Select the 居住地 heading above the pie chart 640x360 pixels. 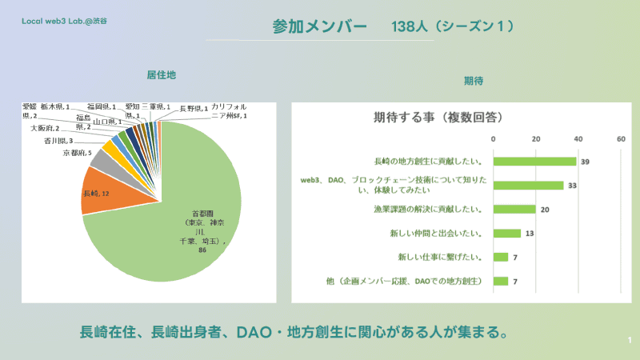pyautogui.click(x=161, y=74)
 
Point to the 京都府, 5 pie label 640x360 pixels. pyautogui.click(x=77, y=153)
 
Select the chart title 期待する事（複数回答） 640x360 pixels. pyautogui.click(x=438, y=118)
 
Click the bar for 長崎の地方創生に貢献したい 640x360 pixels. pyautogui.click(x=534, y=162)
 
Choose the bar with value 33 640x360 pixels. pyautogui.click(x=528, y=186)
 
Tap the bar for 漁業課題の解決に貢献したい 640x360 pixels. pyautogui.click(x=514, y=210)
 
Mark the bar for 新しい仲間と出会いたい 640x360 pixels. pyautogui.click(x=507, y=234)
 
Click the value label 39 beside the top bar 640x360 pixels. pyautogui.click(x=586, y=162)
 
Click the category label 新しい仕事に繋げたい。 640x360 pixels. pyautogui.click(x=439, y=257)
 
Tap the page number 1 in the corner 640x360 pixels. pyautogui.click(x=630, y=342)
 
